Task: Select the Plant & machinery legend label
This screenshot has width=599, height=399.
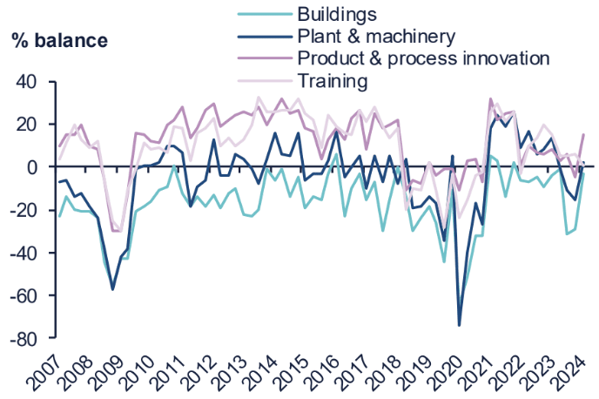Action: (x=375, y=36)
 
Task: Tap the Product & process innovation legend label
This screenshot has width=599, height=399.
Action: (x=423, y=58)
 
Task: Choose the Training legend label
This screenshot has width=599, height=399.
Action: (x=333, y=81)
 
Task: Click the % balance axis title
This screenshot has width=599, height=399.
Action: (x=60, y=40)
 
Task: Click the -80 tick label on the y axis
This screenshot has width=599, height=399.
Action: (x=25, y=338)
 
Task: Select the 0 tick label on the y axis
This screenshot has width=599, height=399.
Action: (x=36, y=167)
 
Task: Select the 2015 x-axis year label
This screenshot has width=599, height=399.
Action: (x=300, y=372)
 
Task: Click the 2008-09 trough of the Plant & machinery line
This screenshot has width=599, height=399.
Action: (x=112, y=289)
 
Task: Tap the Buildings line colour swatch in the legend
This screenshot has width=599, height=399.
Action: (x=264, y=15)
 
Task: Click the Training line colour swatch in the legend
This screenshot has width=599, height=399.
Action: (x=264, y=81)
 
